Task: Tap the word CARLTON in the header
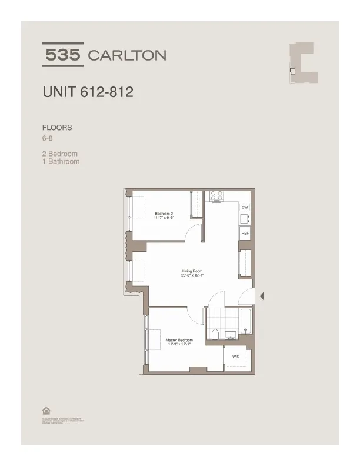pyautogui.click(x=126, y=56)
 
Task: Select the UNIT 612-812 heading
pyautogui.click(x=88, y=92)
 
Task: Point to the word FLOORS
pyautogui.click(x=56, y=127)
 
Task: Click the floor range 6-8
pyautogui.click(x=47, y=138)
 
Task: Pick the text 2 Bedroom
pyautogui.click(x=59, y=154)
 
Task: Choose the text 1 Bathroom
pyautogui.click(x=61, y=161)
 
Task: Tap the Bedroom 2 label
pyautogui.click(x=164, y=213)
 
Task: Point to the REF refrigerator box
pyautogui.click(x=245, y=234)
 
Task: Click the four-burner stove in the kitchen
pyautogui.click(x=215, y=196)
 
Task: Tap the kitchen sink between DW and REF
pyautogui.click(x=246, y=220)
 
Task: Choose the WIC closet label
pyautogui.click(x=236, y=356)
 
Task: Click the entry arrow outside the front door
pyautogui.click(x=262, y=297)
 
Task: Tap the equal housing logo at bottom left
pyautogui.click(x=46, y=411)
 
